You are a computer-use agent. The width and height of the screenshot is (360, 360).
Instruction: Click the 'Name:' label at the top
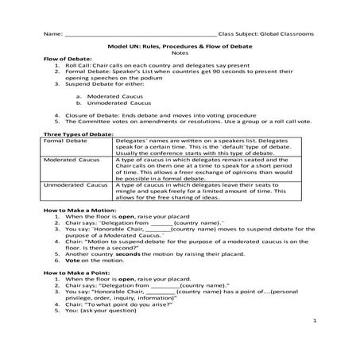(52, 35)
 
